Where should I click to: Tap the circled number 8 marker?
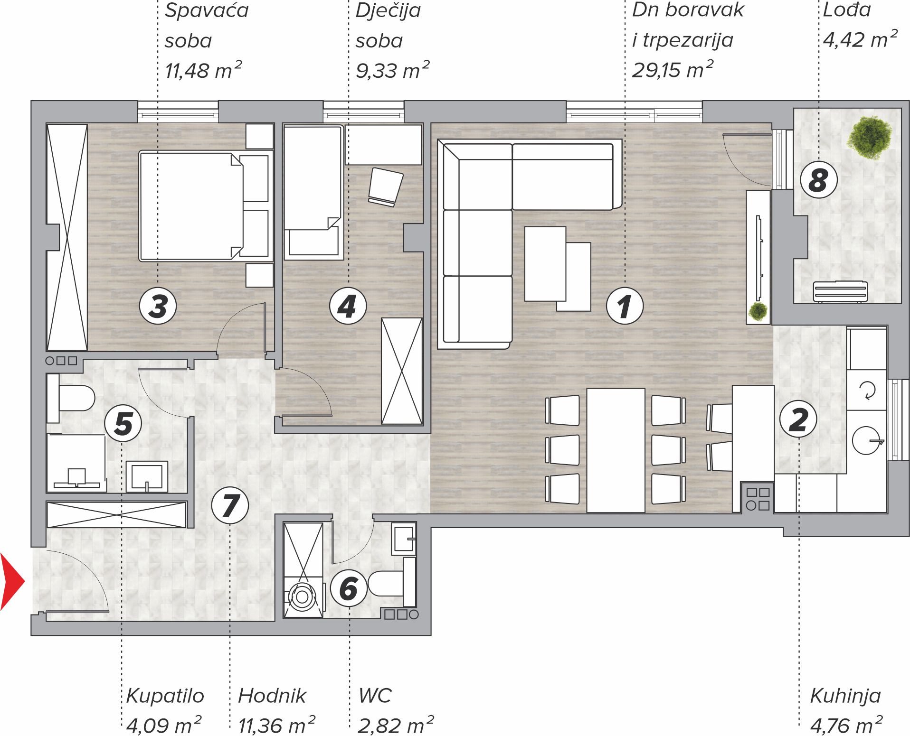pyautogui.click(x=818, y=180)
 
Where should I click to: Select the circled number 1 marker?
pyautogui.click(x=625, y=306)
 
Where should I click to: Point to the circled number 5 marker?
pyautogui.click(x=123, y=423)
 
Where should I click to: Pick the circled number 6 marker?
pyautogui.click(x=349, y=588)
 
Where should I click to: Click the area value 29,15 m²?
pyautogui.click(x=673, y=69)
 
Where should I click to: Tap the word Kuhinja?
pyautogui.click(x=845, y=696)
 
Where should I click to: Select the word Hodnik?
pyautogui.click(x=272, y=696)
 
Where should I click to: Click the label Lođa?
pyautogui.click(x=847, y=9)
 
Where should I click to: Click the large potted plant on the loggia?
pyautogui.click(x=870, y=137)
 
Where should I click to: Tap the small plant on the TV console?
pyautogui.click(x=758, y=311)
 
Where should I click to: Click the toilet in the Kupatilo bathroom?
pyautogui.click(x=71, y=398)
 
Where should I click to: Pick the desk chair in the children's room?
pyautogui.click(x=385, y=187)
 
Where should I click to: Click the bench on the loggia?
pyautogui.click(x=840, y=291)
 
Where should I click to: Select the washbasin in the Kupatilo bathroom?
pyautogui.click(x=147, y=476)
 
